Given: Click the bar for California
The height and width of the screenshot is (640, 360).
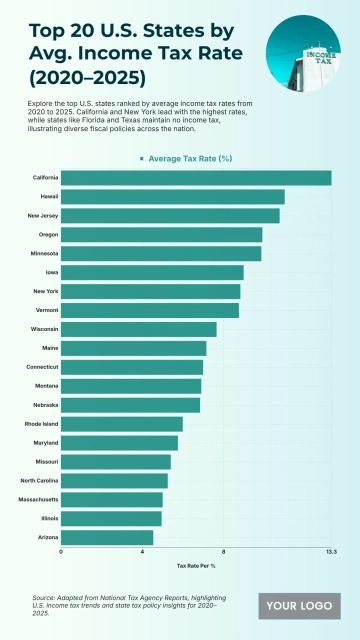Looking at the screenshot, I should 196,178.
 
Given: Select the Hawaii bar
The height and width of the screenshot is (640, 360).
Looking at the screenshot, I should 173,197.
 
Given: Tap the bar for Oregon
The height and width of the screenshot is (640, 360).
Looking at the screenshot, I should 161,235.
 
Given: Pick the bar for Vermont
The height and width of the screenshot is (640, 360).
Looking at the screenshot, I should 150,311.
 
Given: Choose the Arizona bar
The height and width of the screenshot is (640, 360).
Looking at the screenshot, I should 107,538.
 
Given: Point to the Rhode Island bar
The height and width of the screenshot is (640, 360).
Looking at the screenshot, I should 122,424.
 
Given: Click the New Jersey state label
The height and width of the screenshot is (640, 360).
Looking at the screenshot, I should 42,216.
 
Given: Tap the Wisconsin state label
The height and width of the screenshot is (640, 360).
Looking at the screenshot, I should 44,329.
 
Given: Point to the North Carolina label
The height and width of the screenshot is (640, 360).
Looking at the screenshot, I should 39,481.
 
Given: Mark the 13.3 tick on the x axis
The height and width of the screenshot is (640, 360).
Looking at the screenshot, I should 331,552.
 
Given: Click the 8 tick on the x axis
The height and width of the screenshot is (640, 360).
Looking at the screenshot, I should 223,552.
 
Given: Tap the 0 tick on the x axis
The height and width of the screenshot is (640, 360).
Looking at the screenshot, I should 61,552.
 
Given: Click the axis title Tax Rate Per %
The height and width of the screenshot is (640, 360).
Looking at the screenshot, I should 196,566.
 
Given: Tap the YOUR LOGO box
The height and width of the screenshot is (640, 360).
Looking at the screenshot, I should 300,606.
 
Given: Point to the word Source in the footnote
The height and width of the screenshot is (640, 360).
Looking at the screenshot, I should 44,597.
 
